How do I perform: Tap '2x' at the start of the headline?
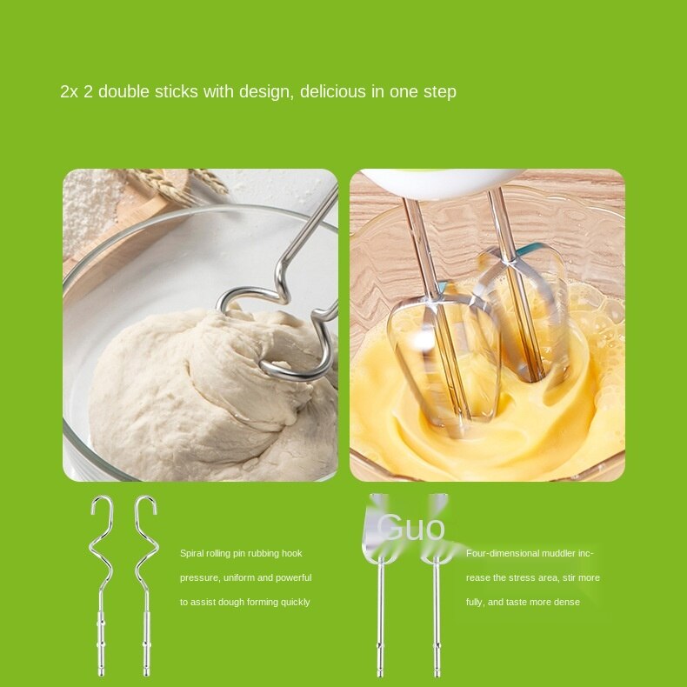point(69,91)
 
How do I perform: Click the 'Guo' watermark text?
point(411,528)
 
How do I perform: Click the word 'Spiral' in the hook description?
point(192,553)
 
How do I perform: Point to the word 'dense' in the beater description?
point(568,602)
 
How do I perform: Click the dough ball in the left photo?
point(200,391)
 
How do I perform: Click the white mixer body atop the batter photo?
point(444,181)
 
